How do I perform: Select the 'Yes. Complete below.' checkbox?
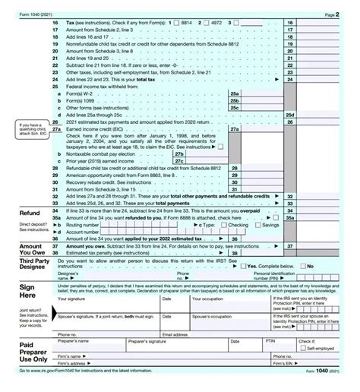click(242, 266)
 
